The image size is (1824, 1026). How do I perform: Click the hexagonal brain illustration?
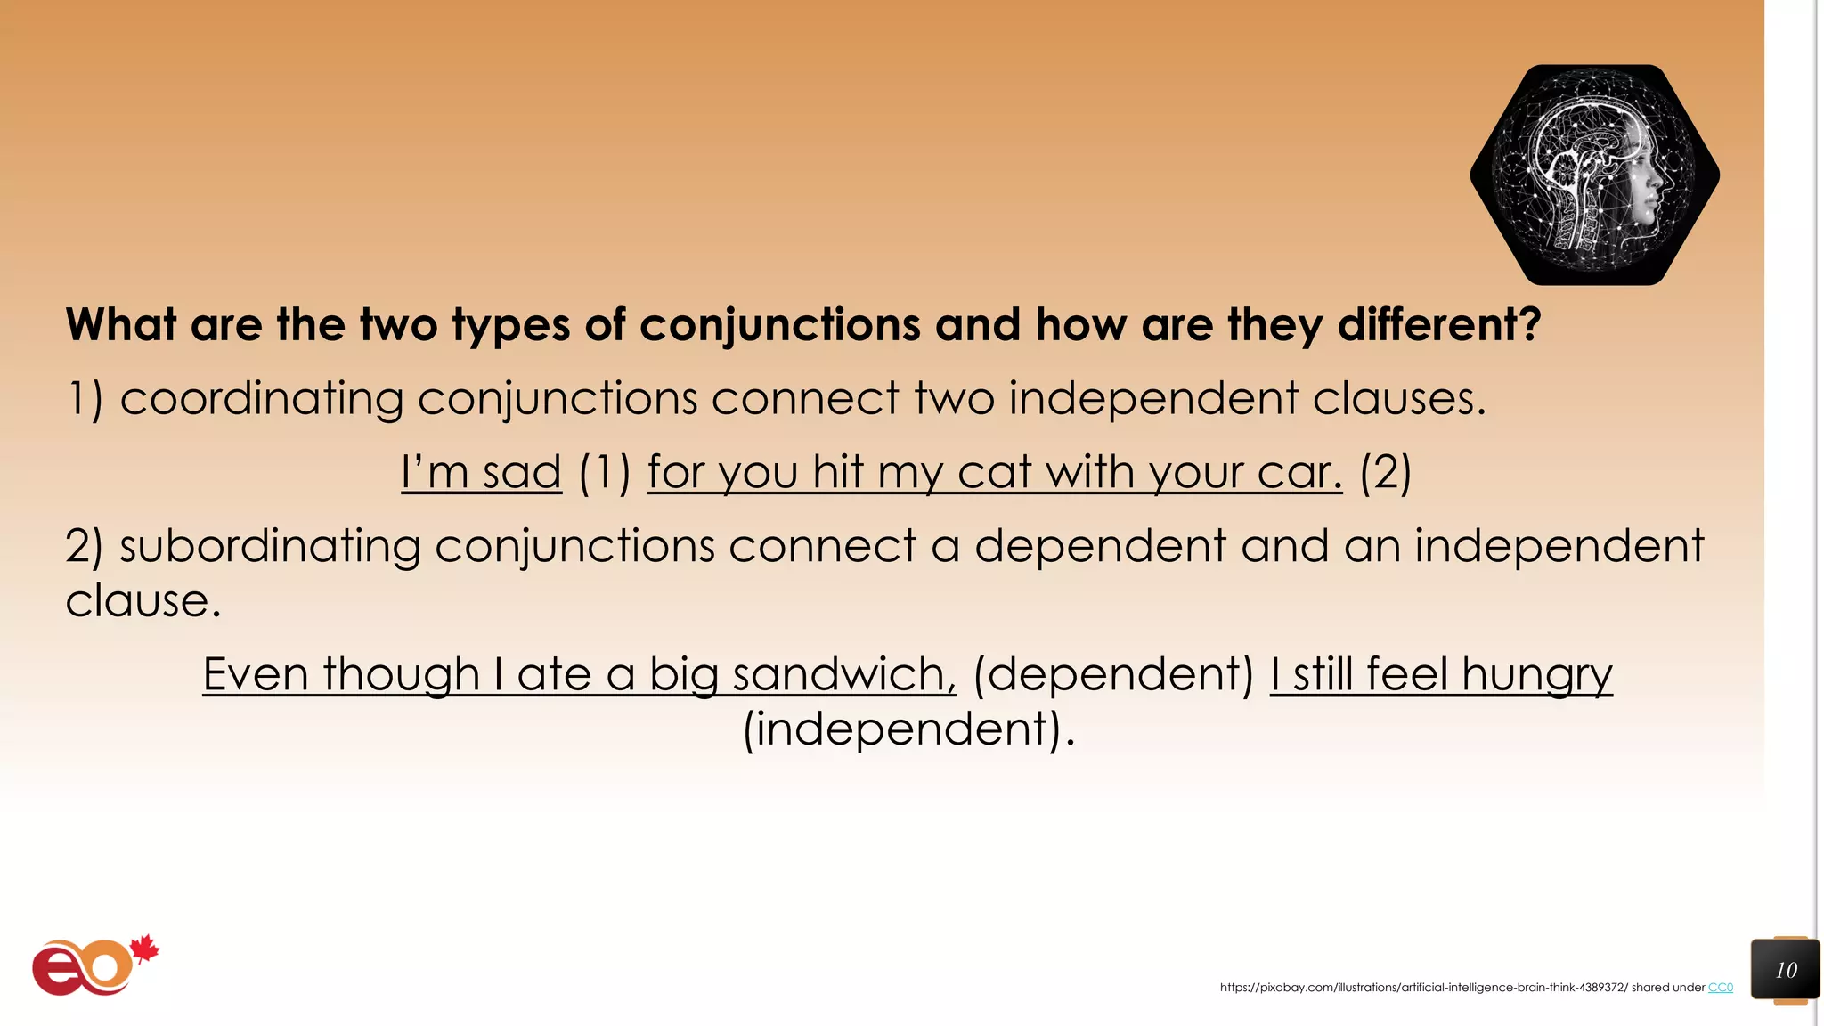1594,175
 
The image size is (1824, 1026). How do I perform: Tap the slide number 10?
1786,970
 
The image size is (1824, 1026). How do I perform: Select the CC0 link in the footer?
1720,988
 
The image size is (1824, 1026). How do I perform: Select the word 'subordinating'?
269,546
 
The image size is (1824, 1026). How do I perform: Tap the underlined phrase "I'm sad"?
481,472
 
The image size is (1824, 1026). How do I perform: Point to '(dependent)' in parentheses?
1113,674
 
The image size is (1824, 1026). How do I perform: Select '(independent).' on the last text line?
909,729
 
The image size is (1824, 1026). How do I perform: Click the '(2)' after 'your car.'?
1385,472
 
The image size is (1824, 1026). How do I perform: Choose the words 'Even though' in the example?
341,674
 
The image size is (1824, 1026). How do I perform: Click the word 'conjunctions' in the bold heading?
780,325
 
